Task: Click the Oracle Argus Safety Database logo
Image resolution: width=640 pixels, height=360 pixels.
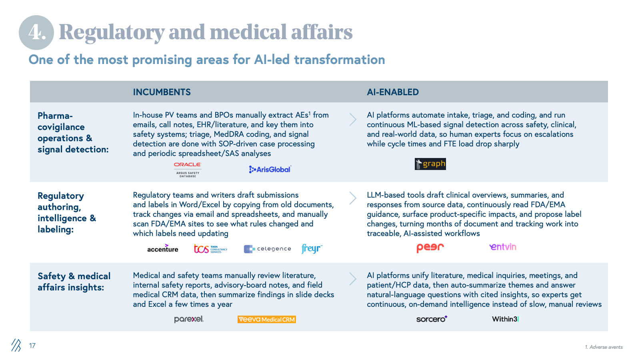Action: [x=188, y=170]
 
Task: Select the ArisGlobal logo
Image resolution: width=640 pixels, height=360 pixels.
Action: [x=270, y=170]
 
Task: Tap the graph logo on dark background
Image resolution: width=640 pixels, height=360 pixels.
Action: [x=430, y=164]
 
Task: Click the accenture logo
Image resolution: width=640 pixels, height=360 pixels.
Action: [x=163, y=249]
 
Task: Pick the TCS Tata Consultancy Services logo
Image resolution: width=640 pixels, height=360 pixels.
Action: [x=210, y=249]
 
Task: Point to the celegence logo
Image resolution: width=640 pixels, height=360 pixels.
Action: [x=268, y=249]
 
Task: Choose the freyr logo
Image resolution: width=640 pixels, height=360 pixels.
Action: [x=312, y=248]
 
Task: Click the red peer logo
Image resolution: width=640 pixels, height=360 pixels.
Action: [x=430, y=248]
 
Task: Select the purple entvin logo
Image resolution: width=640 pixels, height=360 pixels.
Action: [x=503, y=247]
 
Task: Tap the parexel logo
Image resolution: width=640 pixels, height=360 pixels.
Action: [x=189, y=319]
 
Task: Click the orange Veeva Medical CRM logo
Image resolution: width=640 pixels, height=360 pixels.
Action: [x=266, y=320]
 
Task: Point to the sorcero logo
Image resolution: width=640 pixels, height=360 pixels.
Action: [x=432, y=319]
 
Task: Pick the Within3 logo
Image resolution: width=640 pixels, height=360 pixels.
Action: [x=505, y=319]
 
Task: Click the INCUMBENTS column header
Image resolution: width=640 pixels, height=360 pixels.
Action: [x=162, y=92]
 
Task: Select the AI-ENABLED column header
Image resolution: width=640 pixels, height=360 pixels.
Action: [x=393, y=92]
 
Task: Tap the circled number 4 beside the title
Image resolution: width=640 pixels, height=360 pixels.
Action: [x=36, y=32]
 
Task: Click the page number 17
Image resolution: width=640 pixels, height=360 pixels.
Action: [x=32, y=346]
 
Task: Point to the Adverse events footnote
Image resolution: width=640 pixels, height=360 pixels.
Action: [x=604, y=347]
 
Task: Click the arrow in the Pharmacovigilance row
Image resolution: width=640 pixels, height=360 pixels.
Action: [x=353, y=119]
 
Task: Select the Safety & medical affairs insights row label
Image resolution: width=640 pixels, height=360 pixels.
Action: [x=74, y=282]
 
